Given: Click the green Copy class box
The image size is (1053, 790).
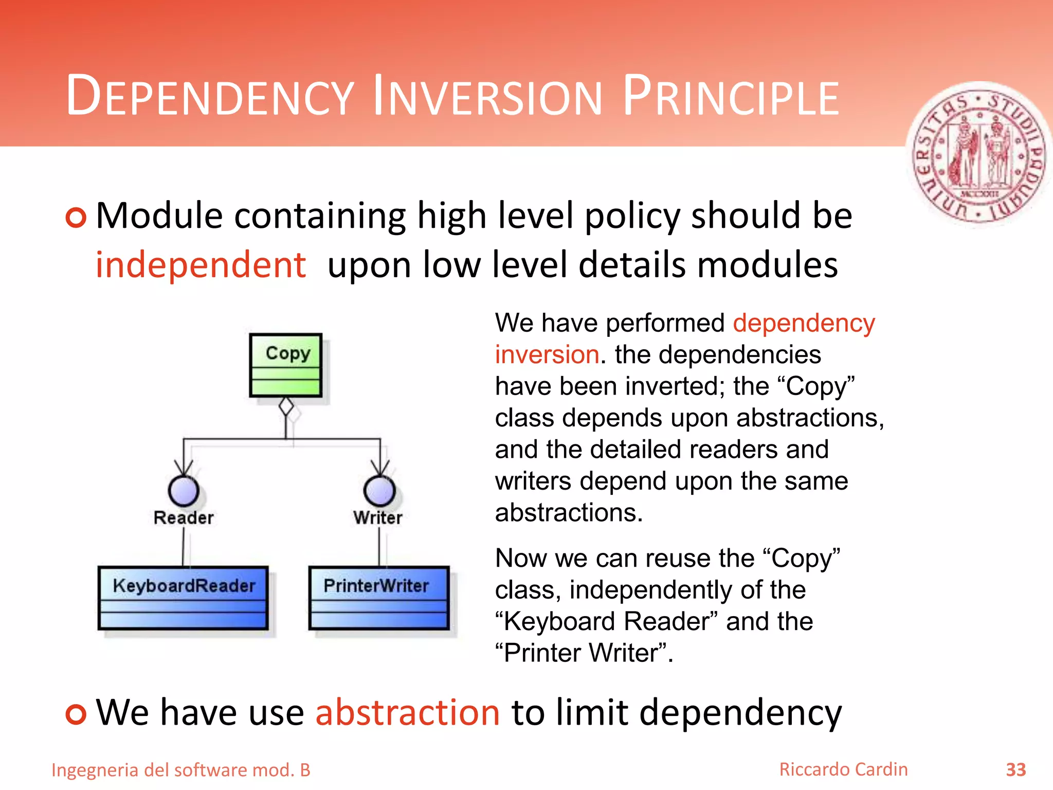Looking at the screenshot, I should (286, 365).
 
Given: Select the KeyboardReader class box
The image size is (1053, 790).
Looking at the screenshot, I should (183, 598).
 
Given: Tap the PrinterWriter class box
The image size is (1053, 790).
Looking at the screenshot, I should (379, 598).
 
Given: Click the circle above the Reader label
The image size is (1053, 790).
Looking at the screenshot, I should (184, 491).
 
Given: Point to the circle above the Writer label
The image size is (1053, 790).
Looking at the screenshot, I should (379, 491).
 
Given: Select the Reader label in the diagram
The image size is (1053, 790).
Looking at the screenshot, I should (184, 517).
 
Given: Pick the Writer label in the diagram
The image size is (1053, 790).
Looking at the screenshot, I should (378, 517).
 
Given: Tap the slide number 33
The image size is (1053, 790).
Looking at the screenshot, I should (1015, 770).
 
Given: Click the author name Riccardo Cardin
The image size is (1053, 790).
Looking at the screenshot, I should (843, 769).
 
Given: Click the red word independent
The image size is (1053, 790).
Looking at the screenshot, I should (201, 265).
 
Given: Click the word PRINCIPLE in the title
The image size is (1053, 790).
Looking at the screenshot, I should (730, 97).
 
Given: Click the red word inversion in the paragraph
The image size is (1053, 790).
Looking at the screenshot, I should (547, 355).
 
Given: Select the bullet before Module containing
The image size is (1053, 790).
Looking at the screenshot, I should (76, 217).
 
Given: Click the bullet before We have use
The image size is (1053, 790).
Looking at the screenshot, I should (76, 714).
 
